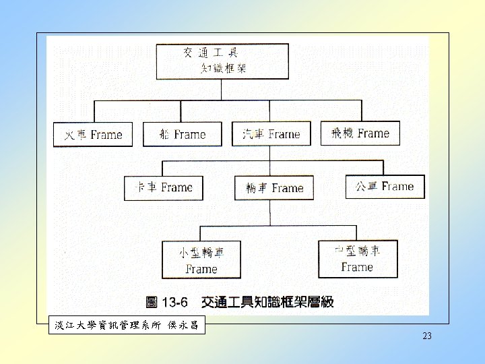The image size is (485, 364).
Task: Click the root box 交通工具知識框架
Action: point(222,61)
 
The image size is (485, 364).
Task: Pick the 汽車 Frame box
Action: point(271,133)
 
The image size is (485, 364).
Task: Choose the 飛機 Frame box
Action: point(360,133)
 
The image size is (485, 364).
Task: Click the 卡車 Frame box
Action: point(164,187)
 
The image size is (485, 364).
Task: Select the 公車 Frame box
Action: point(385,186)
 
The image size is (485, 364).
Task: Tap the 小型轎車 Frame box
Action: point(201,260)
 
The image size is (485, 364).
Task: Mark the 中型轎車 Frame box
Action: point(358,259)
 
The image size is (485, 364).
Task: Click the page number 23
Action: point(426,336)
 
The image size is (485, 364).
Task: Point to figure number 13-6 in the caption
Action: point(174,302)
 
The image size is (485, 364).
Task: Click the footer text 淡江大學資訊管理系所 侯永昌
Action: point(126,326)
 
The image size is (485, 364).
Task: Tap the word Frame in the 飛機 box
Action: point(374,133)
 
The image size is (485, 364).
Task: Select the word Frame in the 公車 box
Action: point(398,186)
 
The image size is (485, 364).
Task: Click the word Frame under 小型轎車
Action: point(201,269)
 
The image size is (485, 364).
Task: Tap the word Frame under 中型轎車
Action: point(357,267)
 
